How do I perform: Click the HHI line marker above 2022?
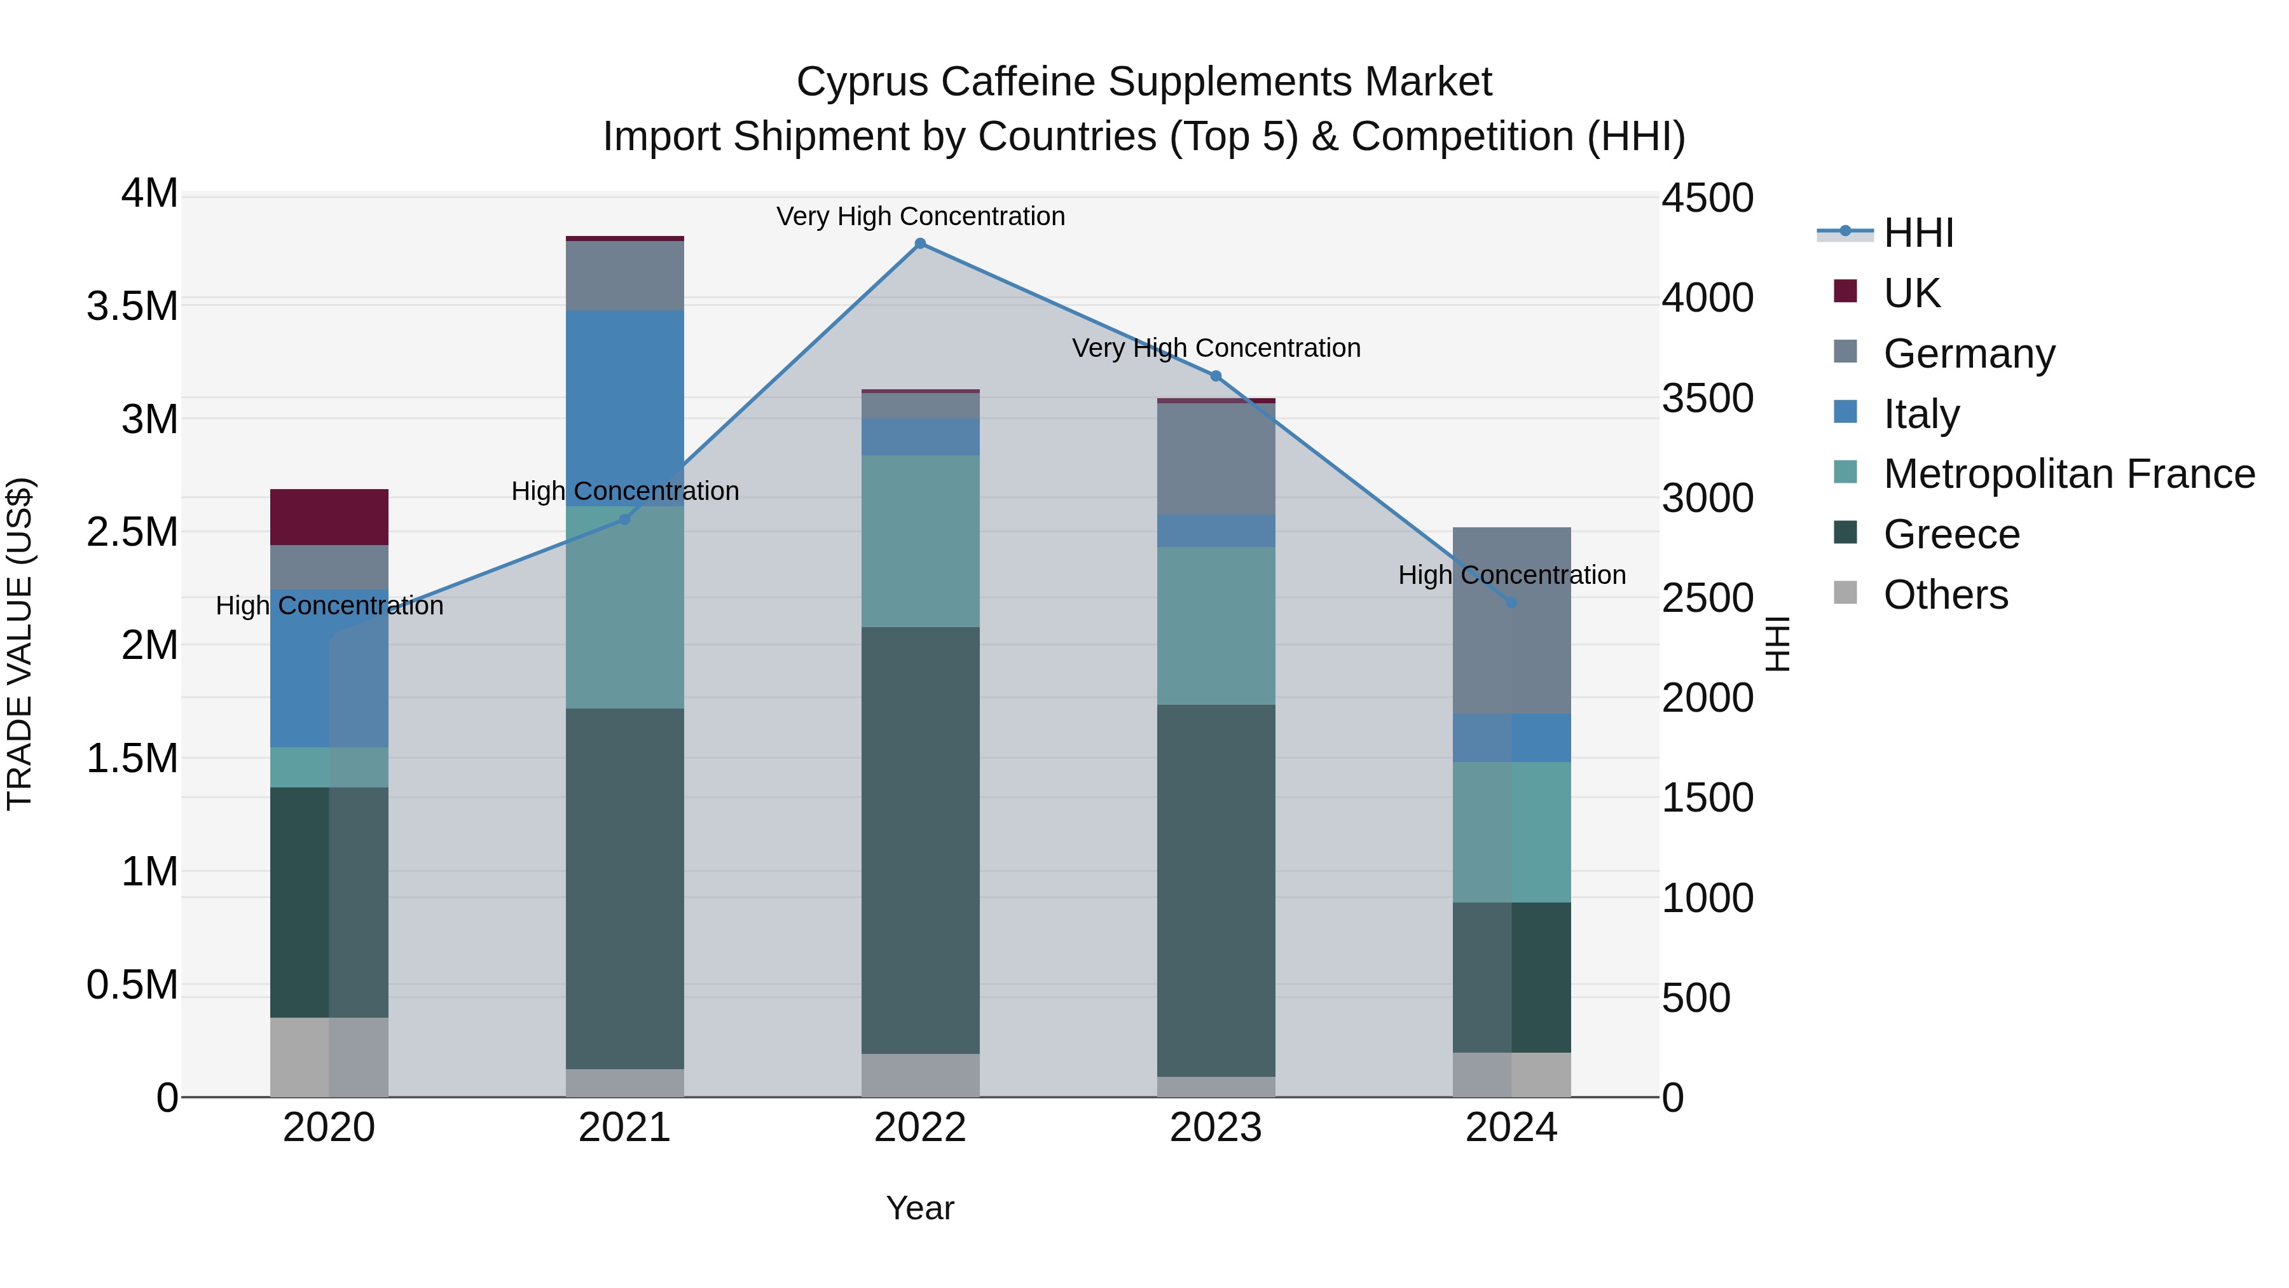tap(921, 244)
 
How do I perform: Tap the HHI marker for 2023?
tap(1216, 376)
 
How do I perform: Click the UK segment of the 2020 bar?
tap(329, 516)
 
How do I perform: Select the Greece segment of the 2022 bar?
tap(921, 840)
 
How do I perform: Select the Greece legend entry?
tap(1951, 534)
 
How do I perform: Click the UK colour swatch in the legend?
tap(1846, 291)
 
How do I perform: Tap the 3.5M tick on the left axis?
tap(132, 306)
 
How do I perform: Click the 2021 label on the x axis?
tap(624, 1128)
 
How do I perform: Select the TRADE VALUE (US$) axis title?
tap(20, 644)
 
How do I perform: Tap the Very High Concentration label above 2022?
tap(921, 216)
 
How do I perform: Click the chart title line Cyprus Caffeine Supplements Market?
tap(1144, 82)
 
